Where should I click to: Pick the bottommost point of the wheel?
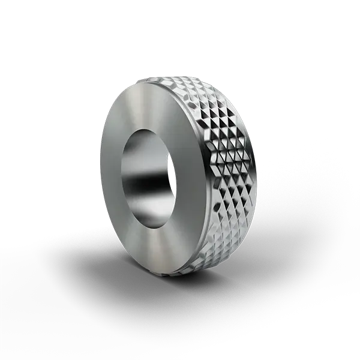click(174, 277)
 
